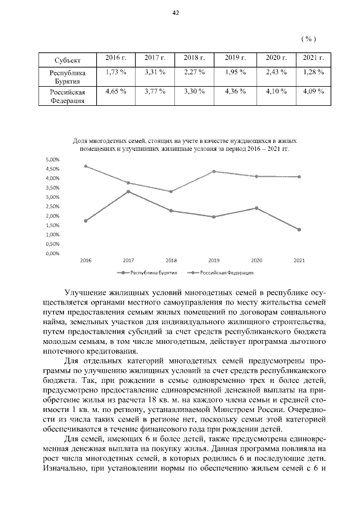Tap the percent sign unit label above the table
[308, 38]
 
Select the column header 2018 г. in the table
[195, 58]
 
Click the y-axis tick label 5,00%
[52, 159]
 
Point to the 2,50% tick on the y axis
[52, 207]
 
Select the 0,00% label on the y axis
[52, 253]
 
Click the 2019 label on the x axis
[214, 261]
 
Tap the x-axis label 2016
[85, 261]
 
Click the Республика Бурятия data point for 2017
[128, 191]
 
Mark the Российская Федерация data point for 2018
[171, 191]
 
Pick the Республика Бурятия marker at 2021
[299, 230]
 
